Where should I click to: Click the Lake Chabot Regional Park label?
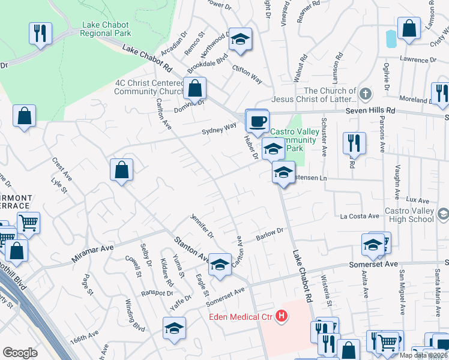tap(107, 29)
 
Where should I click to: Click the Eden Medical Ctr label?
tap(241, 317)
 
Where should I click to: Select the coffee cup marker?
tap(258, 121)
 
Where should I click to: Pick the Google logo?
tap(20, 353)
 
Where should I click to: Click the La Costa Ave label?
tap(360, 216)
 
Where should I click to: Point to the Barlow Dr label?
tap(270, 233)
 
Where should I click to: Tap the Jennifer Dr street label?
tap(202, 224)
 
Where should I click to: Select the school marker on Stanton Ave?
tap(220, 264)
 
